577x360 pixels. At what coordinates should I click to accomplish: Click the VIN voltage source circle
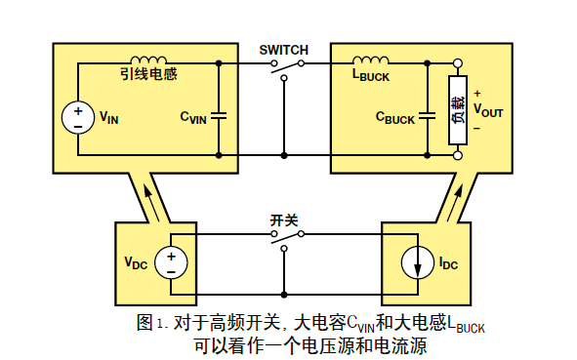[x=77, y=118]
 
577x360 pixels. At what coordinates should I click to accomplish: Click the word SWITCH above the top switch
[x=284, y=49]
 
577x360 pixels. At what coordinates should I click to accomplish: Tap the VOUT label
[x=487, y=111]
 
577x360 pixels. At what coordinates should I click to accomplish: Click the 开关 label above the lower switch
[x=284, y=220]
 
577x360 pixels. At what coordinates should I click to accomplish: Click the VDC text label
[x=136, y=263]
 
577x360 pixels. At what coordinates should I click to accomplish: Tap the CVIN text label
[x=193, y=117]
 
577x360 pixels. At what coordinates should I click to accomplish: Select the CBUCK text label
[x=395, y=117]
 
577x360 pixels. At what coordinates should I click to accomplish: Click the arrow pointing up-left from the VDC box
[x=148, y=201]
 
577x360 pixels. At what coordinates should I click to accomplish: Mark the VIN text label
[x=108, y=118]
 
